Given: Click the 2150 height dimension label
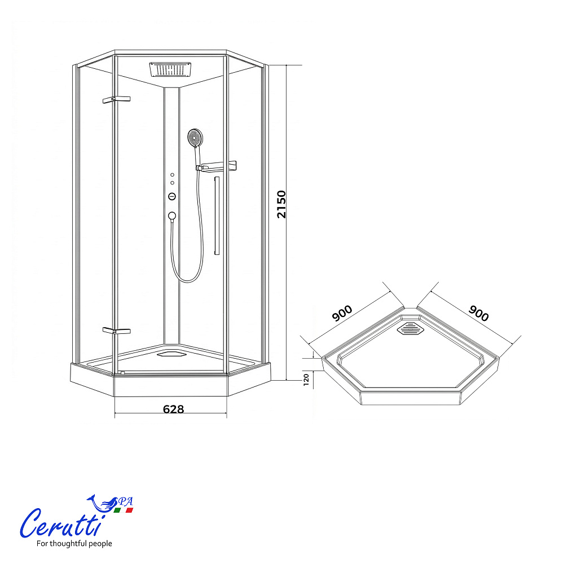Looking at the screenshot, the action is pos(281,204).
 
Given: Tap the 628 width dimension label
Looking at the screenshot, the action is pos(173,409).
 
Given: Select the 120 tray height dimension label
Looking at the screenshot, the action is pos(306,380).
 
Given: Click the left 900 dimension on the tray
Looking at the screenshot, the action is pos(342,313).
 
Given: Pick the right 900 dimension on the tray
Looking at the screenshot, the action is pos(479,313).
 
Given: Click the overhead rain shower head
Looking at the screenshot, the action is pos(170,69).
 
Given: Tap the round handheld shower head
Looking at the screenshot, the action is pos(195,138).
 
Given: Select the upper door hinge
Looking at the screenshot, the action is pos(116,99).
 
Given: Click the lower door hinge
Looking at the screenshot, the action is pos(116,331).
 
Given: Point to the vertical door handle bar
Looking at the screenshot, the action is pos(217,216).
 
